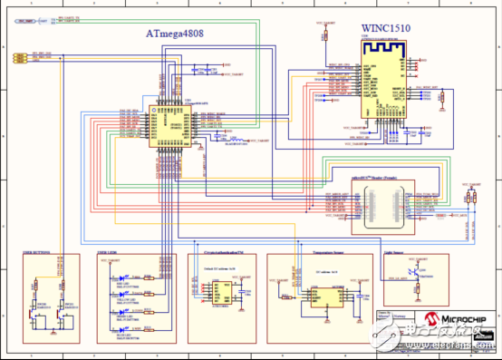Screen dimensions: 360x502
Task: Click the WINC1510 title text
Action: (386, 28)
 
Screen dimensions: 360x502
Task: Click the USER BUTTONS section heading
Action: (38, 251)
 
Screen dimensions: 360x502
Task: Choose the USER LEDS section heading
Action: (110, 251)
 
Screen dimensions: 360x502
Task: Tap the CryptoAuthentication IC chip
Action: (220, 289)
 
